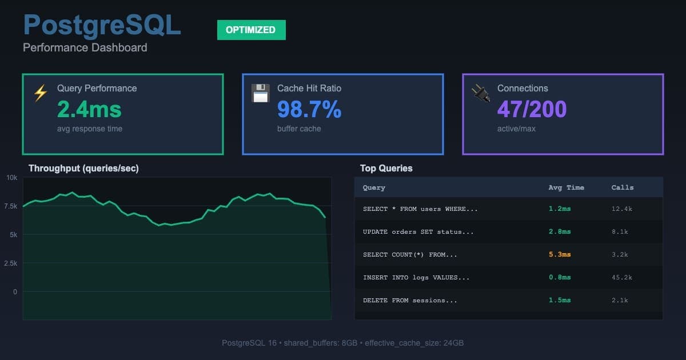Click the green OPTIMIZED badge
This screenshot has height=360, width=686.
[x=251, y=30]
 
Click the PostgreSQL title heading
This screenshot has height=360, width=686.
[x=102, y=26]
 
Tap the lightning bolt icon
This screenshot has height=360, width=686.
[x=40, y=93]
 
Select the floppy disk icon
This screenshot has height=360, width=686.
[x=260, y=93]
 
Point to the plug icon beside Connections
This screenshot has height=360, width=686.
[x=480, y=93]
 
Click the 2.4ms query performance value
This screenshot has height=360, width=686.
[x=89, y=109]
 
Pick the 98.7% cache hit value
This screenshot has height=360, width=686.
[x=309, y=109]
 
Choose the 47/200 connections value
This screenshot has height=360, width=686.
[x=532, y=109]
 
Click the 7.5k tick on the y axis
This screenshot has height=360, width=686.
[x=11, y=206]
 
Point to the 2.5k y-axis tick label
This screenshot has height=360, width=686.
[x=11, y=263]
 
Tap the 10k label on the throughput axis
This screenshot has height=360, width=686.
[x=12, y=178]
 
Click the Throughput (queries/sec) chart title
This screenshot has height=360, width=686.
[x=83, y=168]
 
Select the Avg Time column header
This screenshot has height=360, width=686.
[x=566, y=187]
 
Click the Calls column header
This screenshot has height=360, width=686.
[x=623, y=187]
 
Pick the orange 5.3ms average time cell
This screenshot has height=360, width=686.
[x=559, y=254]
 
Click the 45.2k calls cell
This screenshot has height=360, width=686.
[x=621, y=277]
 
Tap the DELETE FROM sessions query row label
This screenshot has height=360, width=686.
[x=410, y=300]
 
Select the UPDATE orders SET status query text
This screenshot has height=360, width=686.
[x=418, y=231]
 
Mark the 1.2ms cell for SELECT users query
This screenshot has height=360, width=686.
[x=559, y=209]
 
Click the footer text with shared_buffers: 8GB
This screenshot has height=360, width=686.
[x=342, y=343]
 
